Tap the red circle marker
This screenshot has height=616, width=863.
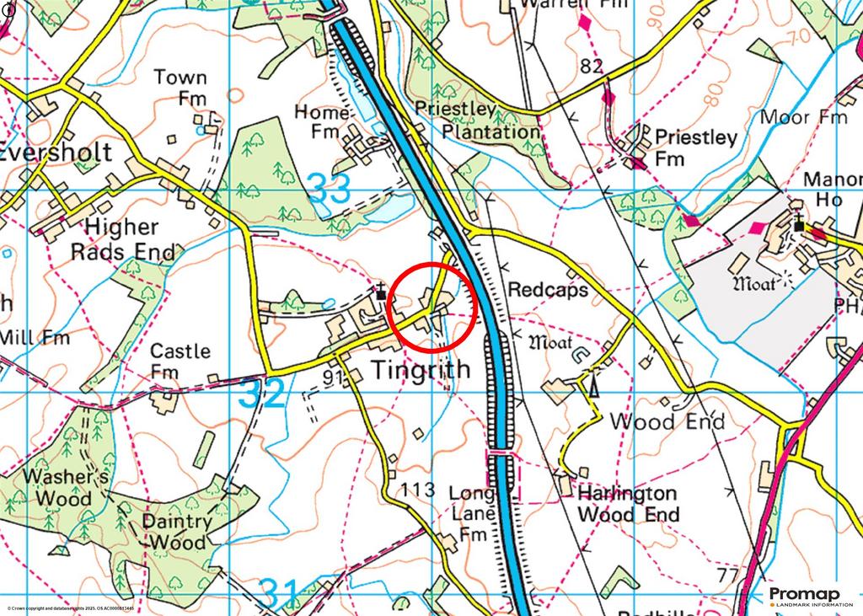pos(434,307)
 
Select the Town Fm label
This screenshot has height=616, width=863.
pos(180,88)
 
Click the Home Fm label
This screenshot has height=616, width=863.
pos(321,121)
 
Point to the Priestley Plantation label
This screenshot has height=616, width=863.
pos(478,121)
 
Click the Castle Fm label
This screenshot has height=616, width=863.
pos(180,361)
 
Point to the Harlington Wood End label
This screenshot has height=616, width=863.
pos(627,503)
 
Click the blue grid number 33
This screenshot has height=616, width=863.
pos(330,189)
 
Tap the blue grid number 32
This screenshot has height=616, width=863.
pos(262,394)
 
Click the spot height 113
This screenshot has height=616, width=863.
pos(419,490)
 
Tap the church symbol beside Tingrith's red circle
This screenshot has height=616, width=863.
pos(382,292)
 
